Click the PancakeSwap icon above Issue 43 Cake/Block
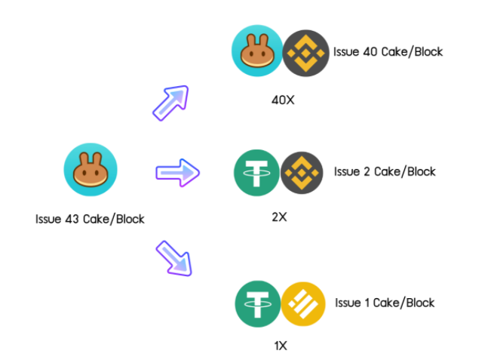tap(91, 171)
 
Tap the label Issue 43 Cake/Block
tap(90, 220)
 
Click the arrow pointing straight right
tap(177, 173)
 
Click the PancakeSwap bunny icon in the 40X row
tap(256, 52)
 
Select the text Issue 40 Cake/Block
tap(388, 52)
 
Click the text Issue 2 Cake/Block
tap(385, 171)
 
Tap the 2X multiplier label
tap(279, 217)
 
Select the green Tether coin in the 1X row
tap(257, 303)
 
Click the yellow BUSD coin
tap(303, 303)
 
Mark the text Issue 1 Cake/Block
tap(385, 303)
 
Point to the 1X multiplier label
tap(280, 346)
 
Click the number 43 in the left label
tap(70, 220)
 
